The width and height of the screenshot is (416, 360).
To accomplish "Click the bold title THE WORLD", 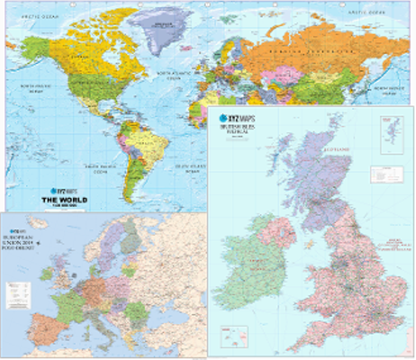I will pyautogui.click(x=64, y=200).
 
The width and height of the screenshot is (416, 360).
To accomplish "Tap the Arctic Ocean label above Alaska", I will pyautogui.click(x=40, y=17).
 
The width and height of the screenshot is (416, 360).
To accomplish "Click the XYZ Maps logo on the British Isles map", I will pyautogui.click(x=237, y=118).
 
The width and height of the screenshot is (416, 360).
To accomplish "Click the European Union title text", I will pyautogui.click(x=18, y=242).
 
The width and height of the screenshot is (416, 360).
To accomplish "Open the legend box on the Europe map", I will pyautogui.click(x=18, y=295).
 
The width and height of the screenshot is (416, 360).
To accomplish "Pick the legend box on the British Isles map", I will pyautogui.click(x=386, y=175).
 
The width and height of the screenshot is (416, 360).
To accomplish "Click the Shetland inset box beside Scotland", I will pyautogui.click(x=392, y=135).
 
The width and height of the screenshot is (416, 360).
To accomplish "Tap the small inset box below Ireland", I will pyautogui.click(x=234, y=336).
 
